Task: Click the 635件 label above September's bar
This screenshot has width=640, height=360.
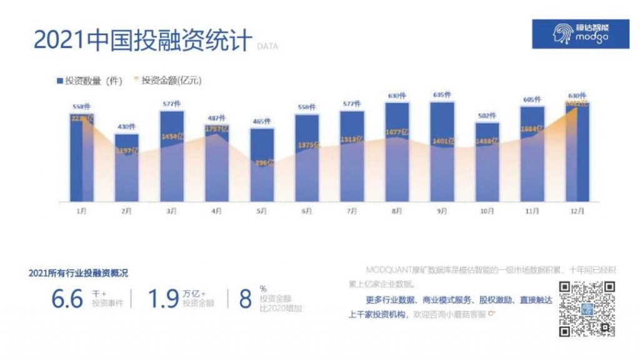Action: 442,95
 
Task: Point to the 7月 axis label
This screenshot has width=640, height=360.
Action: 352,211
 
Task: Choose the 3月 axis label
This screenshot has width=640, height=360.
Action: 171,211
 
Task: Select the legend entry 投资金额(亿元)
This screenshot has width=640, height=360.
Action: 168,81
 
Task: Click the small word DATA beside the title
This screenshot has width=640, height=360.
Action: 267,46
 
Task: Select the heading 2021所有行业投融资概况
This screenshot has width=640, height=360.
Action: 79,272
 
